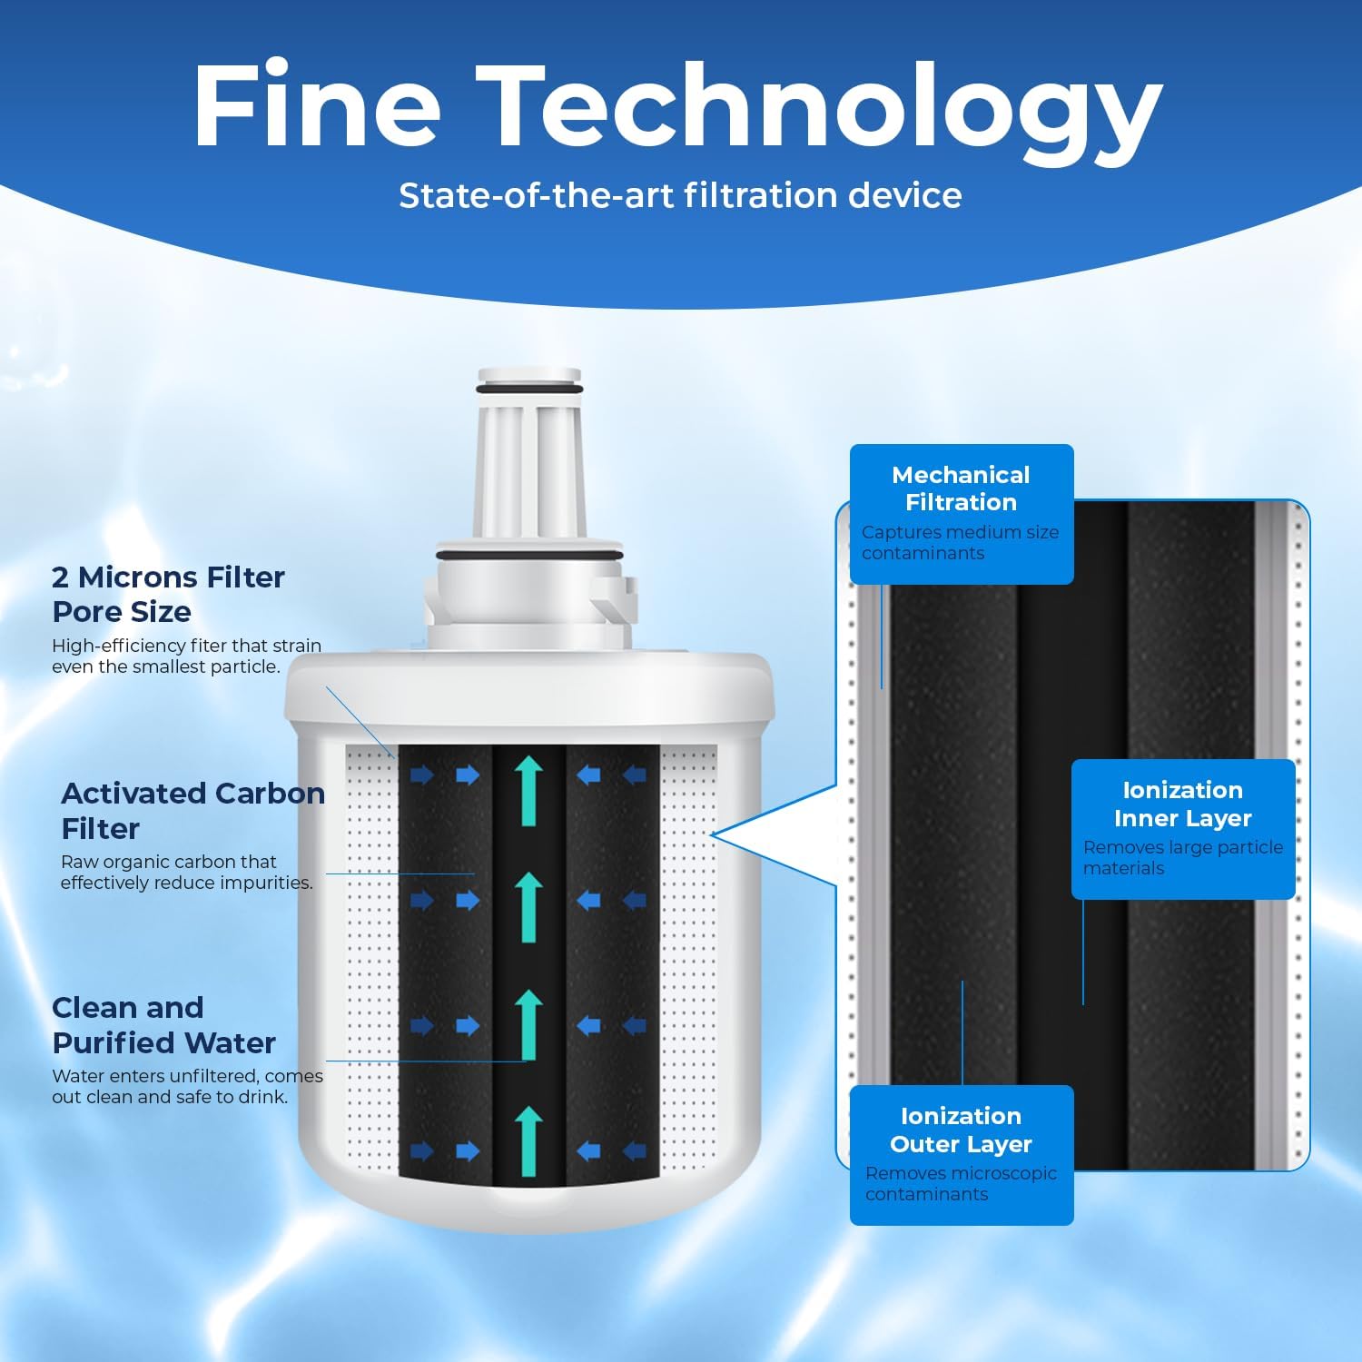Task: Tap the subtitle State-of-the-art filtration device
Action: point(680,196)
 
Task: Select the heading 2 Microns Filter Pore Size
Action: point(168,594)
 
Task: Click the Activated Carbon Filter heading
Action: point(192,810)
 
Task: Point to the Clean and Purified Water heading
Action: point(163,1025)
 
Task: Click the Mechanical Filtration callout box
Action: point(961,514)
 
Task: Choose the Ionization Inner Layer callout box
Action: point(1182,828)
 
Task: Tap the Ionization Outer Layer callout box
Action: point(961,1154)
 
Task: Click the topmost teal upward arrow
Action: point(528,792)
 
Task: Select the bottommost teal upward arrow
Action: point(528,1141)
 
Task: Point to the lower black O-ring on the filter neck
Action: point(528,555)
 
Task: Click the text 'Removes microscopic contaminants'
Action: point(960,1184)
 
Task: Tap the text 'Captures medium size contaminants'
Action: point(960,543)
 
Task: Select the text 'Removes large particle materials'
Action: point(1182,858)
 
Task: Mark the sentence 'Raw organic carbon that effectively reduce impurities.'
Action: point(186,872)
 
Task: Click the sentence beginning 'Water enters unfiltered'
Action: point(187,1086)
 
